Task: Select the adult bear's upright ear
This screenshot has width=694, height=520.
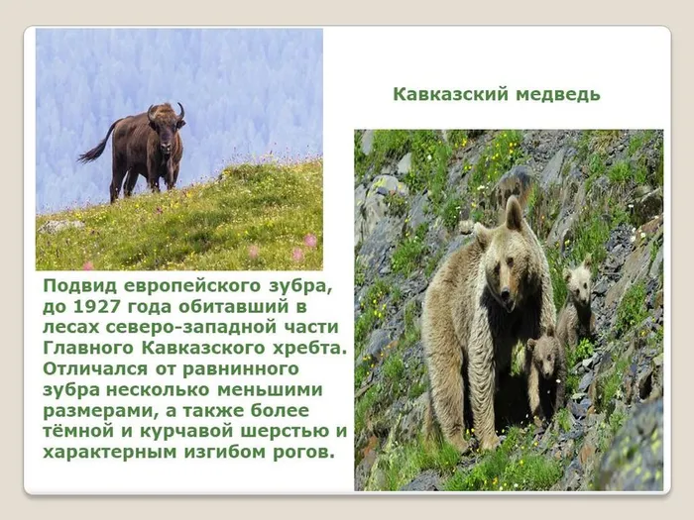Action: (x=514, y=212)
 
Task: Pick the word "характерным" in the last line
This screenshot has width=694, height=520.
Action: (x=108, y=453)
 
